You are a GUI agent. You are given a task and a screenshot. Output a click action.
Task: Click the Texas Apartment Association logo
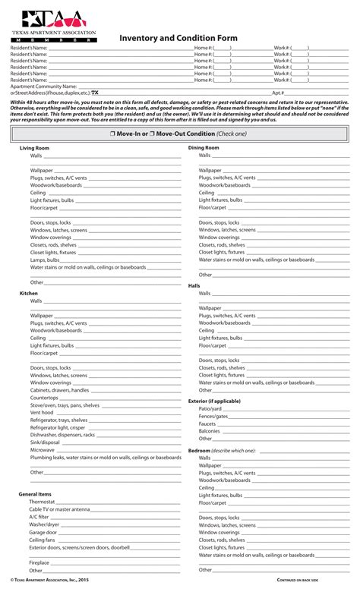tap(53, 26)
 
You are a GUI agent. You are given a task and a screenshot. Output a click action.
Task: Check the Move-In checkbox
tap(112, 134)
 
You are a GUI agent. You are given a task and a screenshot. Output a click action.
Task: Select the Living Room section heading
tap(34, 148)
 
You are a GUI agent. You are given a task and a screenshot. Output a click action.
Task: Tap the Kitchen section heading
tap(28, 293)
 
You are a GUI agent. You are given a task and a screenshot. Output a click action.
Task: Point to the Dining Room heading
tap(204, 147)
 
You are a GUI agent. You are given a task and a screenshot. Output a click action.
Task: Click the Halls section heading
tap(194, 285)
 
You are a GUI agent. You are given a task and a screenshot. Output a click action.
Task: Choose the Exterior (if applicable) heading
tap(214, 401)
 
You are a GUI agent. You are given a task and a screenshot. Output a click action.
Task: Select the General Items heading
tap(35, 494)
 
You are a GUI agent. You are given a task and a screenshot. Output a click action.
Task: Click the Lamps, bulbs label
tap(45, 260)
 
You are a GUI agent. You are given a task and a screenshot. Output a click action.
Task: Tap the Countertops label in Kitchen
tap(44, 398)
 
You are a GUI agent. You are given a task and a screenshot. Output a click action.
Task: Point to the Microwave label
tap(43, 450)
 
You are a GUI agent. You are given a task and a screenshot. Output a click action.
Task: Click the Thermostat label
tap(42, 502)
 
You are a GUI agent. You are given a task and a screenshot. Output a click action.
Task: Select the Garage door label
tap(43, 532)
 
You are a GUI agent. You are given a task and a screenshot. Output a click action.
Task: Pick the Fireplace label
tap(39, 562)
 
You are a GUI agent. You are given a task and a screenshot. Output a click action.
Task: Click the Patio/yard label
tap(210, 408)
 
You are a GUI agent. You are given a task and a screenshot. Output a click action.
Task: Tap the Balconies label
tap(210, 430)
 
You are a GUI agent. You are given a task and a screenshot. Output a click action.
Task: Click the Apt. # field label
tap(278, 92)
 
